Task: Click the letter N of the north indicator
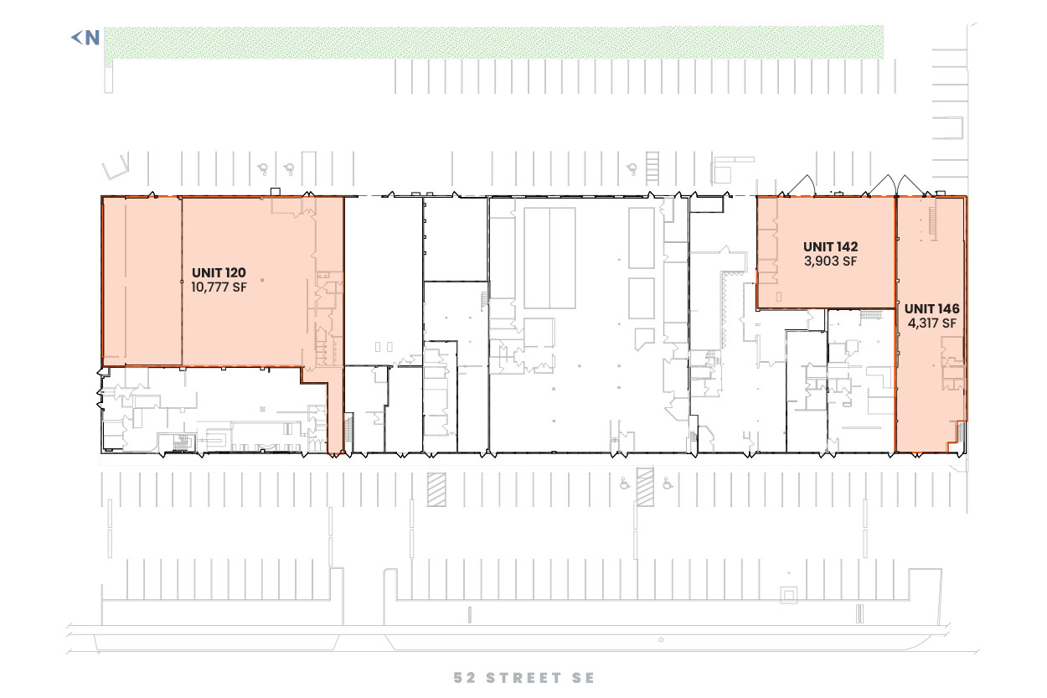coord(92,38)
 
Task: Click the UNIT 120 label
coord(219,272)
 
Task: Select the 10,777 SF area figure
coord(219,287)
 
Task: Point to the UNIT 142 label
coord(830,246)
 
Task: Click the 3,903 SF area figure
coord(830,261)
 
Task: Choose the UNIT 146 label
coord(931,308)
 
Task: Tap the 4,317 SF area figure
coord(931,323)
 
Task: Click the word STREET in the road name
coord(523,677)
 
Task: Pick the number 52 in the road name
coord(465,677)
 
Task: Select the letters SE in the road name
coord(583,677)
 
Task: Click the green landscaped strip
coord(493,43)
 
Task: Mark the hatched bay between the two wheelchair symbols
coord(645,487)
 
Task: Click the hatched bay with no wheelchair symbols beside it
coord(436,489)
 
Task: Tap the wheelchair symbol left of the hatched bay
coord(625,483)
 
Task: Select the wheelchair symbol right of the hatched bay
coord(668,483)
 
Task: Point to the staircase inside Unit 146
coord(933,224)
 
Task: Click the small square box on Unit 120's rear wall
coord(276,192)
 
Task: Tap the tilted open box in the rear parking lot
coord(115,168)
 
